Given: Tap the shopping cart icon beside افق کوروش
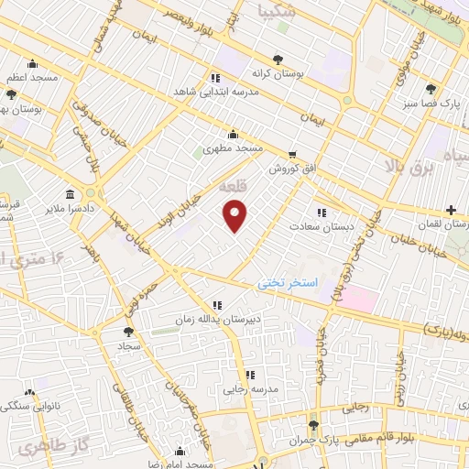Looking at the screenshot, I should click(x=291, y=155).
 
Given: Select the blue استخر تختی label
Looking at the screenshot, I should click(x=286, y=285).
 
